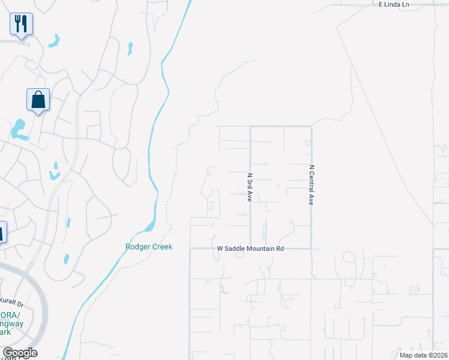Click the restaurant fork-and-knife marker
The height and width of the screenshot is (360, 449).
[21, 25]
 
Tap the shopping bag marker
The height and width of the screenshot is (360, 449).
[38, 100]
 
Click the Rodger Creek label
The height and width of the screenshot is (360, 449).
[149, 247]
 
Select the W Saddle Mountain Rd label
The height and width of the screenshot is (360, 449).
[250, 248]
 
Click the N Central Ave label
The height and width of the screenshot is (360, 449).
[312, 185]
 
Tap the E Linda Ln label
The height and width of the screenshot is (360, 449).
[393, 4]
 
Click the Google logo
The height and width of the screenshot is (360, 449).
[20, 353]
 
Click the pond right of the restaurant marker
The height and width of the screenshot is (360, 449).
[55, 41]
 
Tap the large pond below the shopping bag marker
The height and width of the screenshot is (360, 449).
[19, 130]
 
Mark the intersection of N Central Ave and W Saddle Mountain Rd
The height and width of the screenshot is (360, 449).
[312, 248]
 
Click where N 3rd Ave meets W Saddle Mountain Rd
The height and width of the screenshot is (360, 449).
[250, 248]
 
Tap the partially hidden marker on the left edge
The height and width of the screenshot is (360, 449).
[2, 232]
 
